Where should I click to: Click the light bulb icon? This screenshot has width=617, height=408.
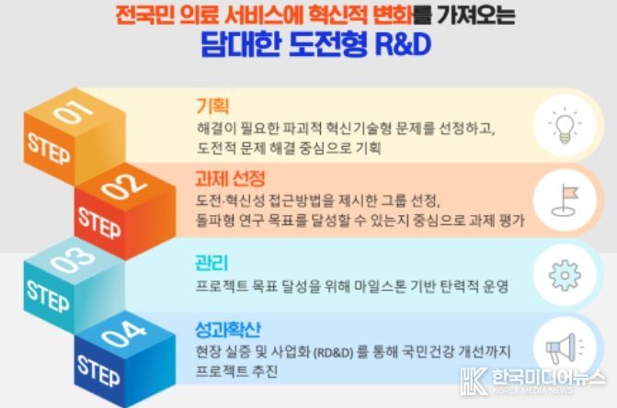point(565,125)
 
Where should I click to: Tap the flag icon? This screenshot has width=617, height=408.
point(566,200)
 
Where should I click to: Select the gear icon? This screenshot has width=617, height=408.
point(565,275)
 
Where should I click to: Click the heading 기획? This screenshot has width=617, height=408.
point(212,106)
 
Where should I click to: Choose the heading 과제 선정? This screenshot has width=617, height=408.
point(230,179)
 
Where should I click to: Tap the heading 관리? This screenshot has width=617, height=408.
point(211,263)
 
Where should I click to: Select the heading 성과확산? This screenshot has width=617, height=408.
point(228,329)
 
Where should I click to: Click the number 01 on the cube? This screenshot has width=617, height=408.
point(74,111)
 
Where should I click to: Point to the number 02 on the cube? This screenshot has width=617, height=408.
point(124,186)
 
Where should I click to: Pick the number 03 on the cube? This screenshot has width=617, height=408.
point(73,260)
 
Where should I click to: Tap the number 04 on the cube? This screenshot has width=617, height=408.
point(124,334)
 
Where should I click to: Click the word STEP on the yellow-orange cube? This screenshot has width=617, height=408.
point(49,148)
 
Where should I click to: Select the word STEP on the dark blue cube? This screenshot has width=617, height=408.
point(98,371)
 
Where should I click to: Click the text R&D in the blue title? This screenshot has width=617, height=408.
point(404,44)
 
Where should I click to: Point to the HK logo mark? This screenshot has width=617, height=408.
point(474,380)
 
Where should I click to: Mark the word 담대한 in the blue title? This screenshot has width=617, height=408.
point(241,44)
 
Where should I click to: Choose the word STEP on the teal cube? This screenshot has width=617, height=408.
point(48,296)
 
